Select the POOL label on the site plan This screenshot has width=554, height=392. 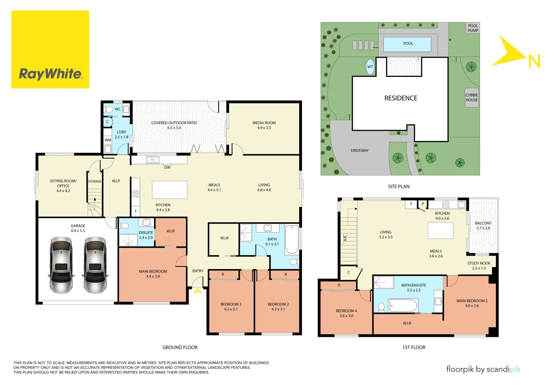[408, 44]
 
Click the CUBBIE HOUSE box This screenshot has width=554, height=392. [472, 98]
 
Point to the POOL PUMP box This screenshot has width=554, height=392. [473, 28]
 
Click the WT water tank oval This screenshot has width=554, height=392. [370, 67]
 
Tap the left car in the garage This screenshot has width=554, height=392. [61, 265]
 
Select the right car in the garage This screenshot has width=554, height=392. [95, 265]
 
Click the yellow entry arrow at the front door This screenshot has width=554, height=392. [198, 291]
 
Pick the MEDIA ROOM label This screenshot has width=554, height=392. [264, 123]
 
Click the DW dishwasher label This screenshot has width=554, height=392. [167, 167]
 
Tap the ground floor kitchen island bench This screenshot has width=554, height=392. [170, 189]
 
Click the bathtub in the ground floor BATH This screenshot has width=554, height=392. [292, 240]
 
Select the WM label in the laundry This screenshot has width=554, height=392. [108, 140]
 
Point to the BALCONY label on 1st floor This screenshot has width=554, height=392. [483, 223]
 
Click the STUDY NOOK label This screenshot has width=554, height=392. [479, 264]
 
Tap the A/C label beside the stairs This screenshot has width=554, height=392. [345, 238]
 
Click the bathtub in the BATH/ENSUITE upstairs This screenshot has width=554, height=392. [403, 305]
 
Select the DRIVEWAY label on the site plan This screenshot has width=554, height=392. [359, 151]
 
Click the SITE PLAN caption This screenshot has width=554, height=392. [398, 187]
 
